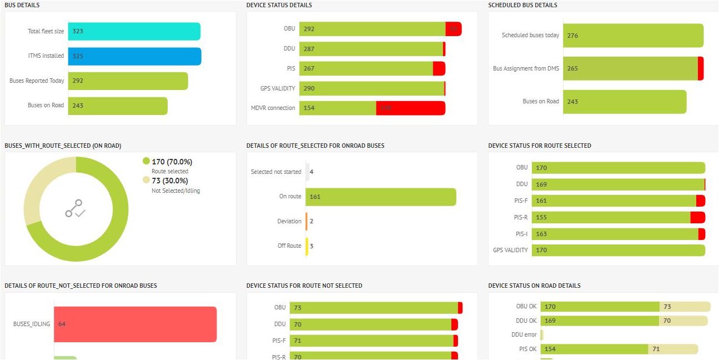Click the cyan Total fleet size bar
coord(134,32)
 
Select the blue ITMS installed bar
coord(134,56)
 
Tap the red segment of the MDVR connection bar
coord(410,108)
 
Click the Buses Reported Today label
coord(37,81)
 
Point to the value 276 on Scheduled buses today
coord(572,36)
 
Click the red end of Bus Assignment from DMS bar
coord(701,68)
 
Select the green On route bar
coord(380,197)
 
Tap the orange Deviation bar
coord(306,221)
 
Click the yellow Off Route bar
coord(306,246)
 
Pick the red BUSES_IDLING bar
coord(135,324)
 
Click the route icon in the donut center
coord(75,208)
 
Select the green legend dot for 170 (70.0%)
coord(146,162)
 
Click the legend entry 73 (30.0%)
coord(169,181)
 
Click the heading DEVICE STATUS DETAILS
coord(279,6)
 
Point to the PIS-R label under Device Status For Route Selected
coord(521,217)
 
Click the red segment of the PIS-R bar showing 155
coord(697,217)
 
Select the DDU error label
coord(524,335)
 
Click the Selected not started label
coord(276,172)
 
